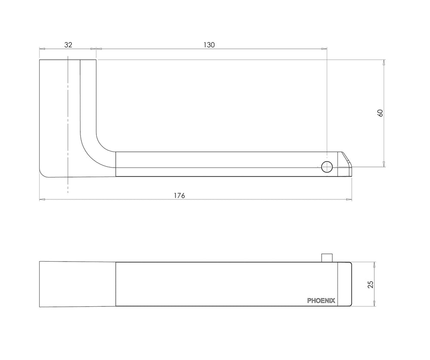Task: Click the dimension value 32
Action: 68,45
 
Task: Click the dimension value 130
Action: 209,45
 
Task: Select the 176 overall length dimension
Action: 180,195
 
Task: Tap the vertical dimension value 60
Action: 381,113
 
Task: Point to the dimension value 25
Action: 371,284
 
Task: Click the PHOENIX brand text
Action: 321,301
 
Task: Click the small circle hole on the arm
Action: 327,167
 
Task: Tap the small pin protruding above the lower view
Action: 327,258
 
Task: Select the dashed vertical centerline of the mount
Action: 68,125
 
